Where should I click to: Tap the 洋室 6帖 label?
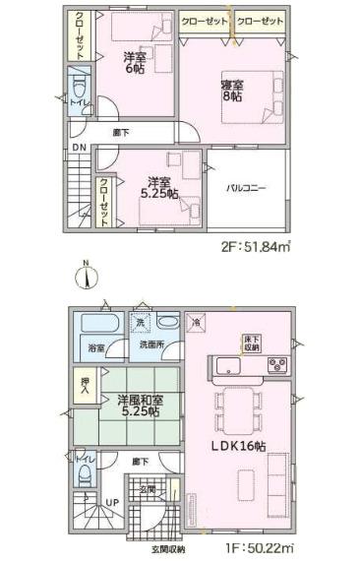pyautogui.click(x=136, y=64)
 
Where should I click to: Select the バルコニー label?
pyautogui.click(x=246, y=187)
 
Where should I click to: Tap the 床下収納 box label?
pyautogui.click(x=251, y=342)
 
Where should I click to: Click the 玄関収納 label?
pyautogui.click(x=169, y=548)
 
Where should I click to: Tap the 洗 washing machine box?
pyautogui.click(x=141, y=323)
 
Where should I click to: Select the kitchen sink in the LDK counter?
pyautogui.click(x=225, y=367)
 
